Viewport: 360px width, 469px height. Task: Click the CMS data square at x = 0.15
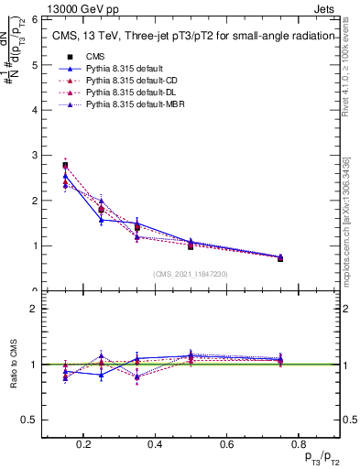[65, 166]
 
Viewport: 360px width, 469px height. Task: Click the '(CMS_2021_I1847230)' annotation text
[191, 274]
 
